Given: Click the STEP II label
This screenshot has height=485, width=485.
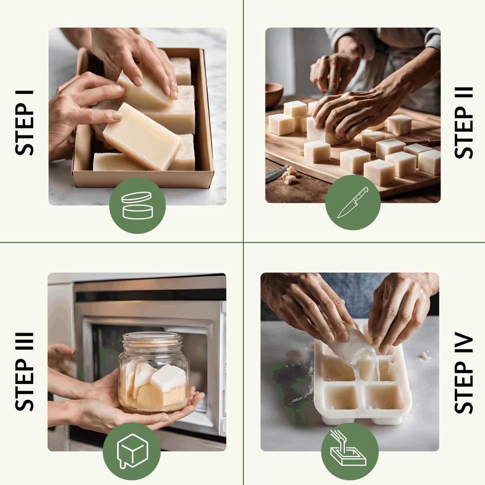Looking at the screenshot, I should pyautogui.click(x=464, y=122).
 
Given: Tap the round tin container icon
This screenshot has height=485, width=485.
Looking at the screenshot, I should pyautogui.click(x=137, y=205).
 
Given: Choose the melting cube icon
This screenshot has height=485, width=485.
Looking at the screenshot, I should pyautogui.click(x=132, y=450).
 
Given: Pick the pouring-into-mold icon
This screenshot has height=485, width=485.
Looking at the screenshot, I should pyautogui.click(x=349, y=450).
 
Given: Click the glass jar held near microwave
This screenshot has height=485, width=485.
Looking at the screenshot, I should pyautogui.click(x=154, y=373).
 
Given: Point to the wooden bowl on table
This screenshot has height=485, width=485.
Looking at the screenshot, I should pyautogui.click(x=273, y=95).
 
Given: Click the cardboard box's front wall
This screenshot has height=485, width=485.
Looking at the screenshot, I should pyautogui.click(x=143, y=179).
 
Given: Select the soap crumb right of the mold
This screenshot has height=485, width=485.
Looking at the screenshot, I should pyautogui.click(x=423, y=356).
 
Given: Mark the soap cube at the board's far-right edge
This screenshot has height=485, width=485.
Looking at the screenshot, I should pyautogui.click(x=430, y=162).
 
